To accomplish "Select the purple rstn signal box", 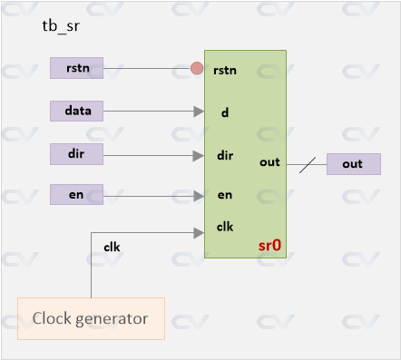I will coord(76,67).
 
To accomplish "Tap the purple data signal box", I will coord(76,111).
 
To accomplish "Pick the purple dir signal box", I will coord(76,154).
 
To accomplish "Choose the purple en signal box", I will coord(76,194).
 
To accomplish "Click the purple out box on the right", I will coord(353,164).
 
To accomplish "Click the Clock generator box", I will coord(91,318).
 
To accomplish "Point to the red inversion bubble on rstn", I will coord(197,68).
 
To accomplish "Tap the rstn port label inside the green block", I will coord(226,71).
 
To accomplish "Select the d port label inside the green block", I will coord(223,114).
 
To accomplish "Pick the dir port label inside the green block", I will coord(225,155).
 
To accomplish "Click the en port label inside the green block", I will coord(224,195).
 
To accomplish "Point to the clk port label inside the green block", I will coord(225,226).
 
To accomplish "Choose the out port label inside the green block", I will coord(269,162).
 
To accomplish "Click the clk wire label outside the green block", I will coord(111,246).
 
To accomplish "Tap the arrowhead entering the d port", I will coord(199,112).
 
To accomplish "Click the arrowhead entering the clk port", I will coord(199,232).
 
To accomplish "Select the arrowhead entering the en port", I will coord(199,195).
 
